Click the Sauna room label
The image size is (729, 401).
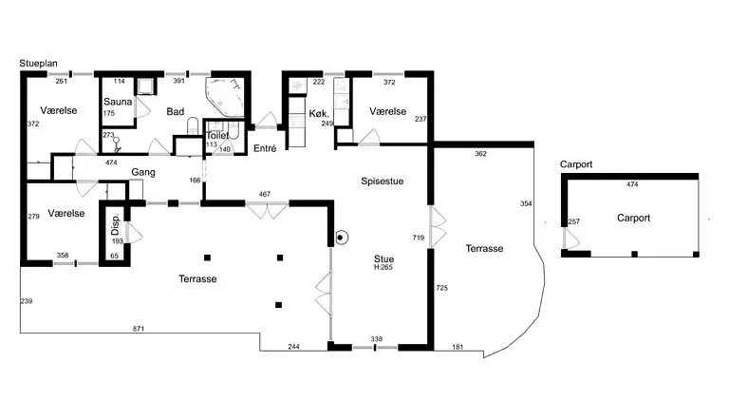(x=118, y=102)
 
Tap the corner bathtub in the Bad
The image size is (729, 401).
(x=225, y=96)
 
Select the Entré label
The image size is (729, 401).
(x=265, y=148)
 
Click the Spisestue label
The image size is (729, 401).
(x=383, y=181)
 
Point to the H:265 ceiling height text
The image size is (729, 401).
(x=383, y=267)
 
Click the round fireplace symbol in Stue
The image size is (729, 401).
(x=341, y=238)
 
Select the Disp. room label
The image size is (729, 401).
(x=115, y=224)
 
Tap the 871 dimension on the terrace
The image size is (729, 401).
(x=139, y=329)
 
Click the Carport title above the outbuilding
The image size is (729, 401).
(x=576, y=164)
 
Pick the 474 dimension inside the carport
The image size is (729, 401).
(x=632, y=184)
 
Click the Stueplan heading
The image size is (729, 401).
(x=38, y=64)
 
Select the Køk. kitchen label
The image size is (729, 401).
(x=319, y=113)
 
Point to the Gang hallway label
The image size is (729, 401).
(x=143, y=172)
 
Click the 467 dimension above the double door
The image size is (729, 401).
(x=265, y=195)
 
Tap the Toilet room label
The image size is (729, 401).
(x=217, y=135)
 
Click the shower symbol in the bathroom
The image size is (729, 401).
(x=116, y=144)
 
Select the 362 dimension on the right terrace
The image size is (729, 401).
(x=480, y=154)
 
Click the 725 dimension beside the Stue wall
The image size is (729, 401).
(x=441, y=289)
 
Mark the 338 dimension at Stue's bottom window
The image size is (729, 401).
(x=377, y=339)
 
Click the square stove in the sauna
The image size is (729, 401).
(x=144, y=86)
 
